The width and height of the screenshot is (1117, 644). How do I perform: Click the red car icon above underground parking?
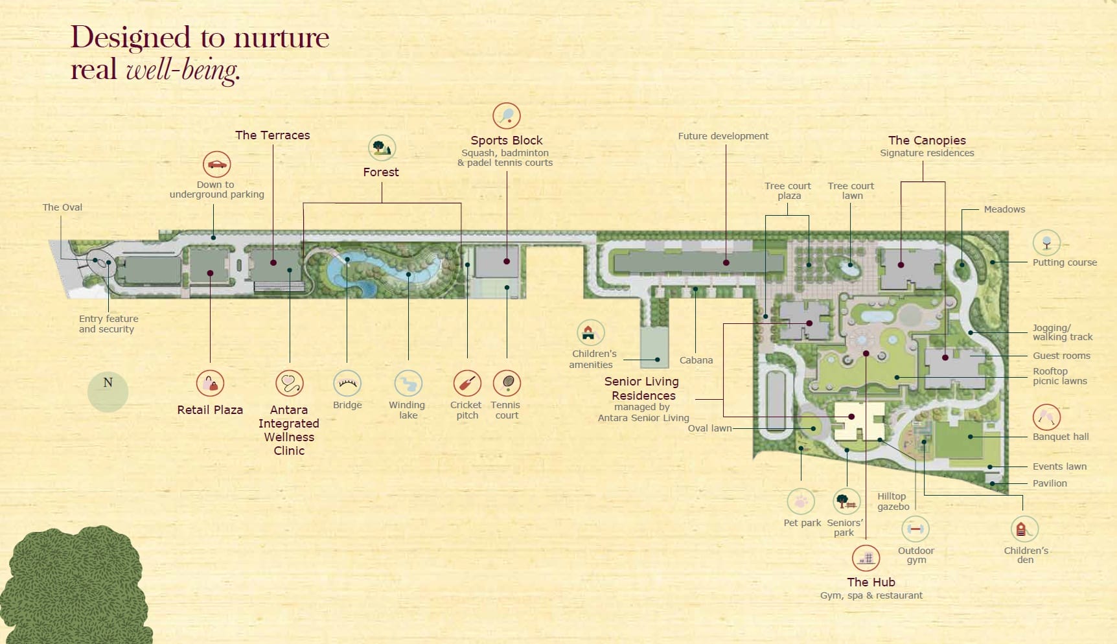216,165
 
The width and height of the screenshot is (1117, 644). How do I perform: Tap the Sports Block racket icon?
507,116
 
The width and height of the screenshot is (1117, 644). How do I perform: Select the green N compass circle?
108,391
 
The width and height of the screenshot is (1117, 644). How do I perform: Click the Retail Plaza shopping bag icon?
210,384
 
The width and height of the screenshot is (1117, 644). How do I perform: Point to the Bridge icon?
347,384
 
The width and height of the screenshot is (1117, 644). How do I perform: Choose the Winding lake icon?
408,384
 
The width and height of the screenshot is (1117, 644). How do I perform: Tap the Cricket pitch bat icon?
466,384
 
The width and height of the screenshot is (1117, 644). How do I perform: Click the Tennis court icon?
507,384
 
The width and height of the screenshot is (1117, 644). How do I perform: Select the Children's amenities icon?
590,333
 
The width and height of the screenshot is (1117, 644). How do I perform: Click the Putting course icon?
1046,243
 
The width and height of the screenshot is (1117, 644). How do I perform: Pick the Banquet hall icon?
1046,417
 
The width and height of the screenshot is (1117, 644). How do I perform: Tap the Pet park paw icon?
801,501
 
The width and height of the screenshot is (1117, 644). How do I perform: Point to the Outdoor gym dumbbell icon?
915,529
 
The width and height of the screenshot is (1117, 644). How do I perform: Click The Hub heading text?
871,582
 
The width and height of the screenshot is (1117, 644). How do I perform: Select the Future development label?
723,136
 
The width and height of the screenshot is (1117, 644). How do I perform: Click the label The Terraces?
272,135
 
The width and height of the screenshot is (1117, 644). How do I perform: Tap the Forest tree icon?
382,148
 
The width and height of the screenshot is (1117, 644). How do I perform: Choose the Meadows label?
1004,209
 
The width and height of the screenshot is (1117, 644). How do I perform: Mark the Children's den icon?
1024,529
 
